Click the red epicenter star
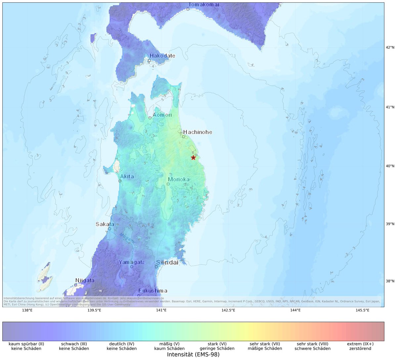[193, 158]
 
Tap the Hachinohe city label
[198, 132]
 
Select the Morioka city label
[179, 180]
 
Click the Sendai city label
[167, 262]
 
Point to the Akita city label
[127, 176]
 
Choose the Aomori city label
[162, 115]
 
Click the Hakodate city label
[162, 56]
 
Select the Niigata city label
[85, 280]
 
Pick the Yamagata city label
[132, 262]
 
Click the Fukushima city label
[153, 291]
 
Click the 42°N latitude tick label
[390, 47]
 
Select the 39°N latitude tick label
[390, 224]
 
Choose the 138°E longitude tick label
[27, 310]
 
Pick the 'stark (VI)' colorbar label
[217, 344]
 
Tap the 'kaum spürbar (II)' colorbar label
[26, 344]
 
